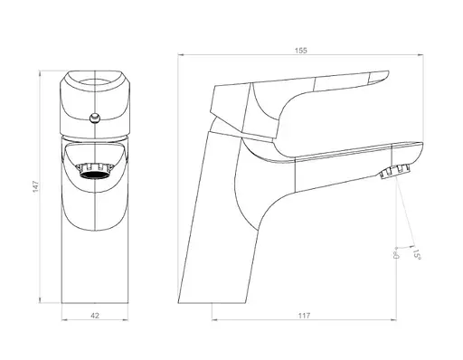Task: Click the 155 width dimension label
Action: (x=300, y=51)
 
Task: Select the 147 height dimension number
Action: (x=36, y=186)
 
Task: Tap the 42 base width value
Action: (x=95, y=316)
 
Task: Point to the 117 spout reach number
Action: (x=304, y=316)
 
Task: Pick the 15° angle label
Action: (x=416, y=254)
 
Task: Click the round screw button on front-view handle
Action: (x=95, y=118)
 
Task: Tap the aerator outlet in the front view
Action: (x=95, y=171)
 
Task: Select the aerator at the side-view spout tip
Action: (x=395, y=172)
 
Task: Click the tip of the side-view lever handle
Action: (x=389, y=72)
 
